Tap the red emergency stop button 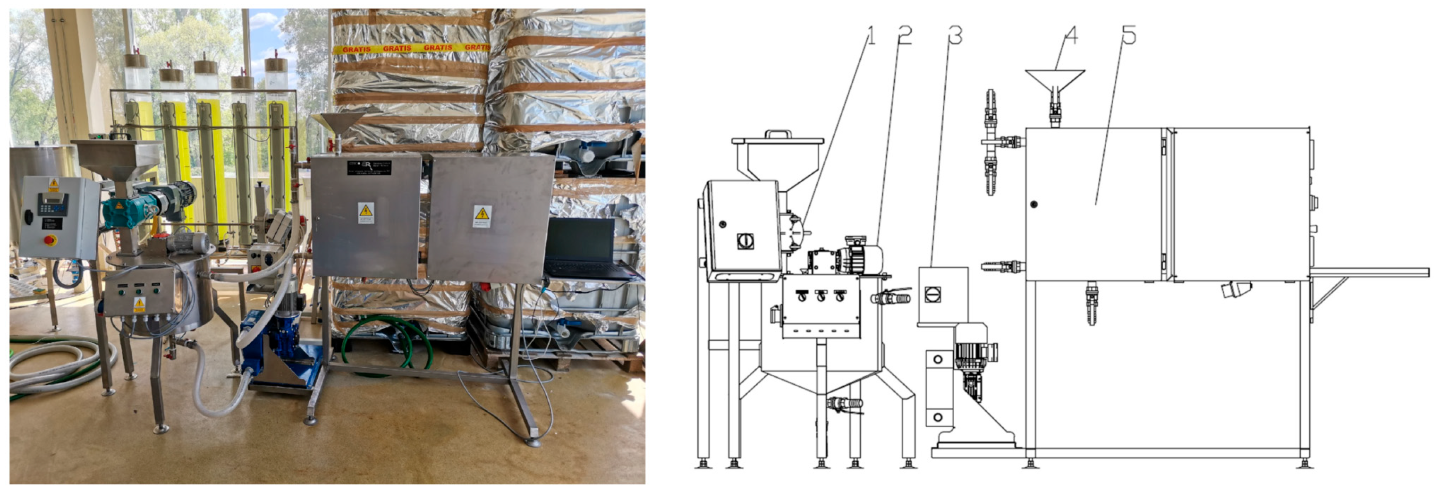pos(51,240)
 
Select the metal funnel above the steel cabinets pos(338,123)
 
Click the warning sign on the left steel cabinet pos(365,213)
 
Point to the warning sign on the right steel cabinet pos(483,215)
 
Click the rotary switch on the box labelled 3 pos(932,294)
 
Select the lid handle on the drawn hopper pos(778,134)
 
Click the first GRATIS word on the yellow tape pos(356,49)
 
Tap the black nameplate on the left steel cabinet pos(368,167)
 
